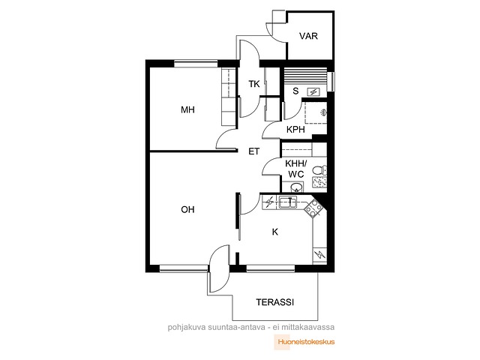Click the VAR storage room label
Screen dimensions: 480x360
click(x=308, y=36)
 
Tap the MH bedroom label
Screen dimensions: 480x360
click(x=187, y=109)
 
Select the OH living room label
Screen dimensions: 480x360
click(x=187, y=210)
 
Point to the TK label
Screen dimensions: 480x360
click(x=254, y=84)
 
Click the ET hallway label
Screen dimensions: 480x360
click(x=253, y=151)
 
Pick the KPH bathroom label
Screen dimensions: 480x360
click(x=295, y=130)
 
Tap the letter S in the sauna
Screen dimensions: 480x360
click(x=295, y=91)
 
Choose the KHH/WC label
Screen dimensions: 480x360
click(x=296, y=169)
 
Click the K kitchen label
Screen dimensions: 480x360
click(x=275, y=232)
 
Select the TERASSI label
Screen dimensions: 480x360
click(x=275, y=302)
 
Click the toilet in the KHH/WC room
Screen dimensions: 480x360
click(x=319, y=170)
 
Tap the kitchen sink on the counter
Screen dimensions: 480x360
click(x=288, y=202)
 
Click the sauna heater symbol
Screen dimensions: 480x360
click(x=313, y=91)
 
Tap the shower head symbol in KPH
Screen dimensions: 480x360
click(x=323, y=112)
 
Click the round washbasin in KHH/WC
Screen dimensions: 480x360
click(x=296, y=187)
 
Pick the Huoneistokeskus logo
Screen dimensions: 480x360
click(x=304, y=342)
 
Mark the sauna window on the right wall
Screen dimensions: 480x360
click(x=331, y=82)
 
